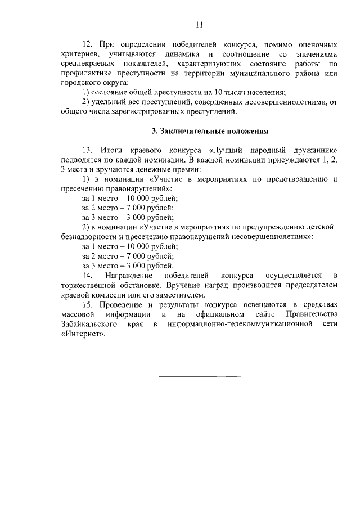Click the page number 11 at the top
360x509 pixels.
point(199,24)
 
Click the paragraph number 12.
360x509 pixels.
point(87,43)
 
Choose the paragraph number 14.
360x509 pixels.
point(87,275)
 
